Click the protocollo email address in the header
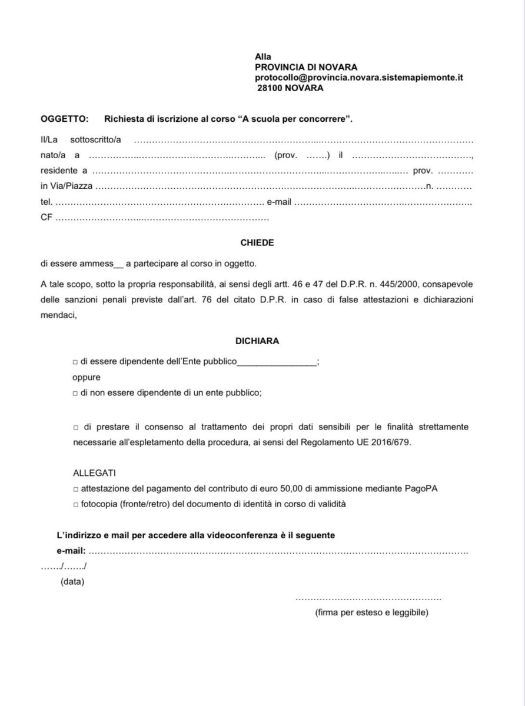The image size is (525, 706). [359, 78]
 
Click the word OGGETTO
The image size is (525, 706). [64, 119]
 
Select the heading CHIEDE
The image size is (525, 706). [257, 242]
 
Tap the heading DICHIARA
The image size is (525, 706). [257, 341]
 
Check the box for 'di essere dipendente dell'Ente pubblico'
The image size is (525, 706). [75, 362]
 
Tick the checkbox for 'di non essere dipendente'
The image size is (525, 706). [75, 393]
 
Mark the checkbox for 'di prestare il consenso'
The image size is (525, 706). [75, 427]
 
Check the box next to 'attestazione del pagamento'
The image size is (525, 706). [75, 488]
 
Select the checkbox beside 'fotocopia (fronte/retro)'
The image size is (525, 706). [75, 504]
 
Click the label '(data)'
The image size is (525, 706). [72, 582]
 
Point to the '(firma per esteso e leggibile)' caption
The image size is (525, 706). [371, 612]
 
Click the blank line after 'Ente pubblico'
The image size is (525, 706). [277, 363]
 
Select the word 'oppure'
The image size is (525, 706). [87, 377]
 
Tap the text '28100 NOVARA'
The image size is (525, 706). [290, 88]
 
